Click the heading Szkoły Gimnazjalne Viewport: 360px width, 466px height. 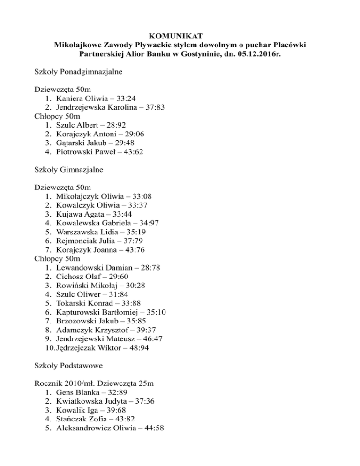(x=69, y=170)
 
